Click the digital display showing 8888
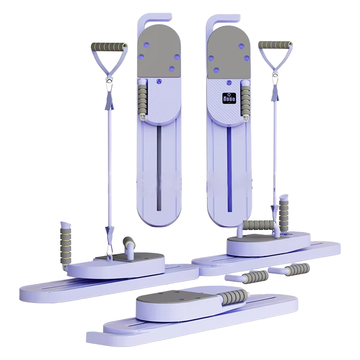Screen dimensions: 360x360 pyautogui.click(x=229, y=98)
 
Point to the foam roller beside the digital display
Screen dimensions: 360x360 pyautogui.click(x=246, y=101)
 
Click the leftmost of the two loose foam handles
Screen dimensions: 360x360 pyautogui.click(x=252, y=277)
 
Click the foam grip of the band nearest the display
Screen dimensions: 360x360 pyautogui.click(x=275, y=45)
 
